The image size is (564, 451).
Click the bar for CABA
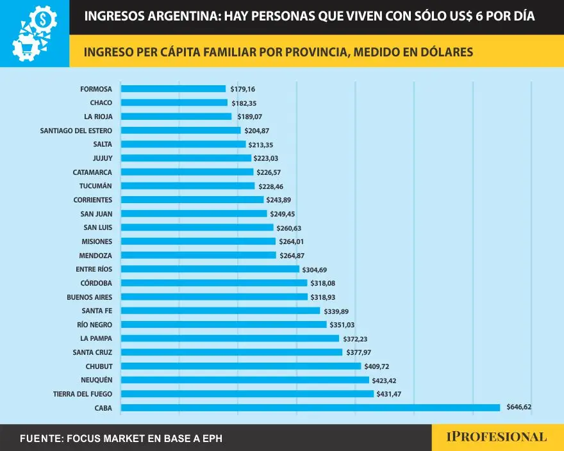(x=310, y=407)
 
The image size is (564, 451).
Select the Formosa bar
(x=173, y=88)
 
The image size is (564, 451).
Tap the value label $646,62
(x=519, y=407)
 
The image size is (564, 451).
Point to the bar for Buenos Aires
(x=214, y=297)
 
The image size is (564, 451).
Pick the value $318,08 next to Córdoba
(x=325, y=283)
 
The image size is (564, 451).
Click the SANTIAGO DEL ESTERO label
(x=76, y=130)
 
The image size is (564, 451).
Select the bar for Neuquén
(x=245, y=380)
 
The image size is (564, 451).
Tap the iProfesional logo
(x=497, y=438)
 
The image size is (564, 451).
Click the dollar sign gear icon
(x=44, y=19)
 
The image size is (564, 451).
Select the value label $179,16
(x=243, y=88)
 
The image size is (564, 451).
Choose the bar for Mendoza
(x=198, y=255)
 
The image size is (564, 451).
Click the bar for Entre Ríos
(x=210, y=269)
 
